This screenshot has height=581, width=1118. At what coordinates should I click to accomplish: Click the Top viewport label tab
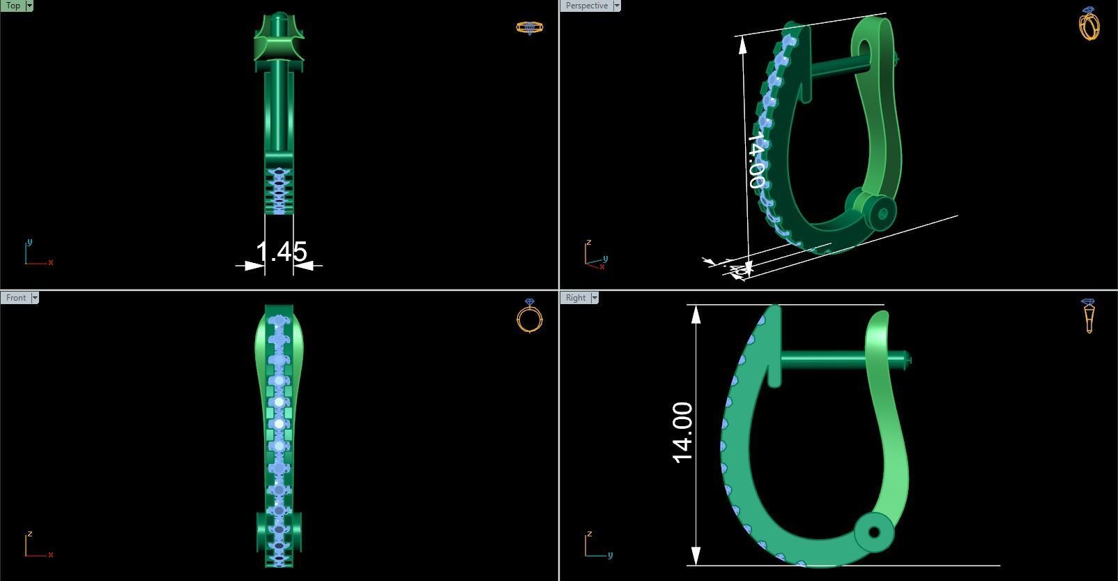pos(13,6)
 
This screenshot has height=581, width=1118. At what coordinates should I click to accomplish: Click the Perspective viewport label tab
pos(586,6)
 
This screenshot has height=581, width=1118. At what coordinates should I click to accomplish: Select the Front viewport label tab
pos(15,298)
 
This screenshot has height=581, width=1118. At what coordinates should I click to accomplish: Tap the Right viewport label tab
pos(576,298)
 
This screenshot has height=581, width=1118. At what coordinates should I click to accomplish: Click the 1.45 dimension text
pos(282,252)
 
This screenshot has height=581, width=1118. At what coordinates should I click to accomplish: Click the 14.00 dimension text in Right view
pos(683,432)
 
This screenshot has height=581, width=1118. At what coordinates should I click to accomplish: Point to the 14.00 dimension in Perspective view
pos(756,161)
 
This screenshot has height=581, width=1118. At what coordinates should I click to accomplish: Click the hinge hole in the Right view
pos(874,533)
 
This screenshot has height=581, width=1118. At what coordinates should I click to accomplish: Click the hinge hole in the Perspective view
pos(882,214)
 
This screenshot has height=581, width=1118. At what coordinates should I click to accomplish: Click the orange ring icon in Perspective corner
pos(1089,24)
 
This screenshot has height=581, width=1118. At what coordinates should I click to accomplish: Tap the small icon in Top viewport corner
pos(529,28)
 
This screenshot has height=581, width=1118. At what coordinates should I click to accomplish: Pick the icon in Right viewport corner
pos(1089,316)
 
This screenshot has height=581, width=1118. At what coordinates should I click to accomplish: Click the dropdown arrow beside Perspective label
pos(617,6)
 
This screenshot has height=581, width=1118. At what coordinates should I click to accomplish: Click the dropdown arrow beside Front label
pos(35,298)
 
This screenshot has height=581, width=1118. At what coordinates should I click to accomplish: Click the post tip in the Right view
pos(908,360)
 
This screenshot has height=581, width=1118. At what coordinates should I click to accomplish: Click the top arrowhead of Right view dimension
pos(696,313)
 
